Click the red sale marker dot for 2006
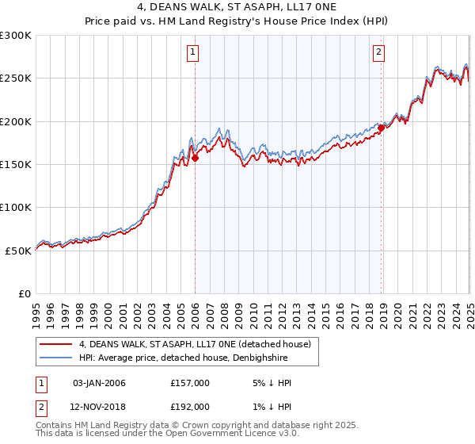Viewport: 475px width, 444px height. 195,158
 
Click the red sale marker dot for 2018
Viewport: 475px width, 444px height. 381,128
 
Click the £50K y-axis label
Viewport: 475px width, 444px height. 18,250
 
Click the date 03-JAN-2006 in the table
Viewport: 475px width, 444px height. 99,384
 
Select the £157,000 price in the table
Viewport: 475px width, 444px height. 189,384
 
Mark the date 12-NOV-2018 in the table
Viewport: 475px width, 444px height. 99,406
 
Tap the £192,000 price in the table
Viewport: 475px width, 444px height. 189,406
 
